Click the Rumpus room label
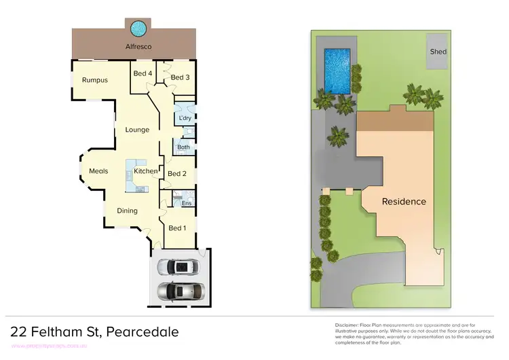(95, 80)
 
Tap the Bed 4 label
(142, 73)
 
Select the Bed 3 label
(180, 77)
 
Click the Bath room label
(183, 147)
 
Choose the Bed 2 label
(176, 174)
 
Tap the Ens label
(186, 203)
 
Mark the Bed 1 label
(176, 228)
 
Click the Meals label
(98, 171)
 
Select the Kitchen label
(145, 171)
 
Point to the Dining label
(128, 211)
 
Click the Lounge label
(137, 130)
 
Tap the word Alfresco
(138, 46)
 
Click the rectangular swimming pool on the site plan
(337, 71)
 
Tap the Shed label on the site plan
(438, 52)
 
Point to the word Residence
(404, 201)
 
